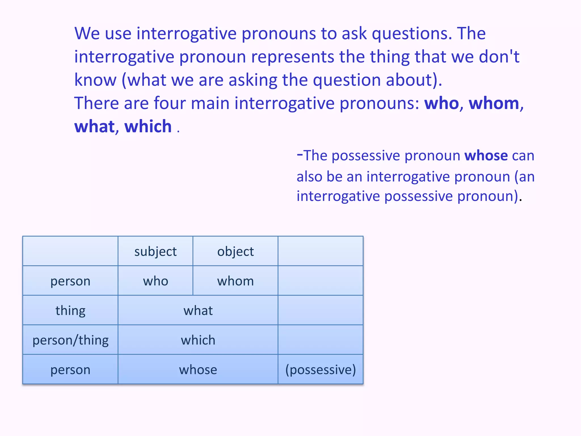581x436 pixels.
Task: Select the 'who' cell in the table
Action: tap(155, 281)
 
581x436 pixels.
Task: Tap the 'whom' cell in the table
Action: tap(235, 281)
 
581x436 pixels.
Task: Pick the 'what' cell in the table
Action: tap(198, 311)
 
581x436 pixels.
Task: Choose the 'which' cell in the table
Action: tap(198, 340)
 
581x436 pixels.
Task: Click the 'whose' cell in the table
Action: tap(198, 370)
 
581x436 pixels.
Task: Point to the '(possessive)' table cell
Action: tap(321, 370)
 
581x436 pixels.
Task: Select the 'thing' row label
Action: tap(70, 311)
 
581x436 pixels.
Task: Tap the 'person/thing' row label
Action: tap(70, 340)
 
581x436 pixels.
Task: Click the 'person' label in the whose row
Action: tap(70, 370)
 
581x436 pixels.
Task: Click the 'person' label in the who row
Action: tap(70, 281)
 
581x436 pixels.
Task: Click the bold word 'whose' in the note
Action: tap(486, 156)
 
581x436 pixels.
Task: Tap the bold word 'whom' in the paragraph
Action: tap(494, 103)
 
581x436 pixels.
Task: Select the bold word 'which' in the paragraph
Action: tap(148, 127)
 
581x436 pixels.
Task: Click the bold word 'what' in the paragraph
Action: tap(94, 127)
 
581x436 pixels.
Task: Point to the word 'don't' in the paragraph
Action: tap(499, 57)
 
